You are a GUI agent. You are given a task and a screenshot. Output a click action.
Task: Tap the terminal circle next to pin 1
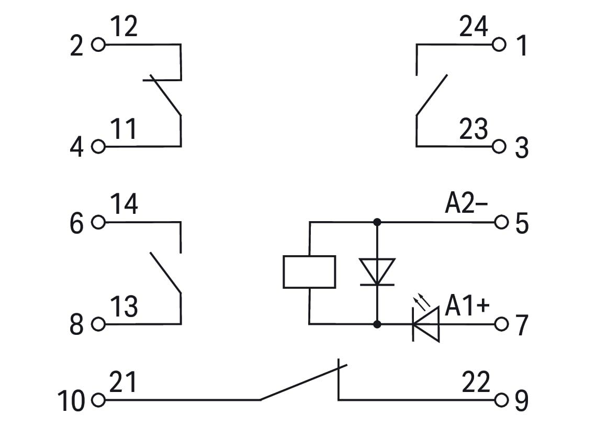tap(499, 45)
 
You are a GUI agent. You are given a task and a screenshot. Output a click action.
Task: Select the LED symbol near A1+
tap(426, 324)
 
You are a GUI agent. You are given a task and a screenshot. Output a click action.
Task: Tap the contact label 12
tap(124, 27)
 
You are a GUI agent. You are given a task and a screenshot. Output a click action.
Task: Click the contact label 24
tap(473, 26)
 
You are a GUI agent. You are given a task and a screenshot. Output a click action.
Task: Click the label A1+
tap(467, 306)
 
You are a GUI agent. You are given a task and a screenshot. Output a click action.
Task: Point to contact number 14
tap(125, 204)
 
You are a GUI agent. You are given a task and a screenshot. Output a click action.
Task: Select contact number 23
tap(473, 129)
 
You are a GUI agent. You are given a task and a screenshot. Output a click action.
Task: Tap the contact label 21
tap(123, 382)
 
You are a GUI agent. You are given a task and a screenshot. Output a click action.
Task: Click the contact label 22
tap(476, 382)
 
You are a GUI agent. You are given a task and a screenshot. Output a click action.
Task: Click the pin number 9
tap(522, 400)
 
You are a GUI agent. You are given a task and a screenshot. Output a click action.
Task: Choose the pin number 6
tap(76, 223)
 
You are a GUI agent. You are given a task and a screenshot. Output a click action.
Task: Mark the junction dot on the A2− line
tap(377, 222)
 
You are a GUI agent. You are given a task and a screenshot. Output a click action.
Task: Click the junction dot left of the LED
tap(377, 324)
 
